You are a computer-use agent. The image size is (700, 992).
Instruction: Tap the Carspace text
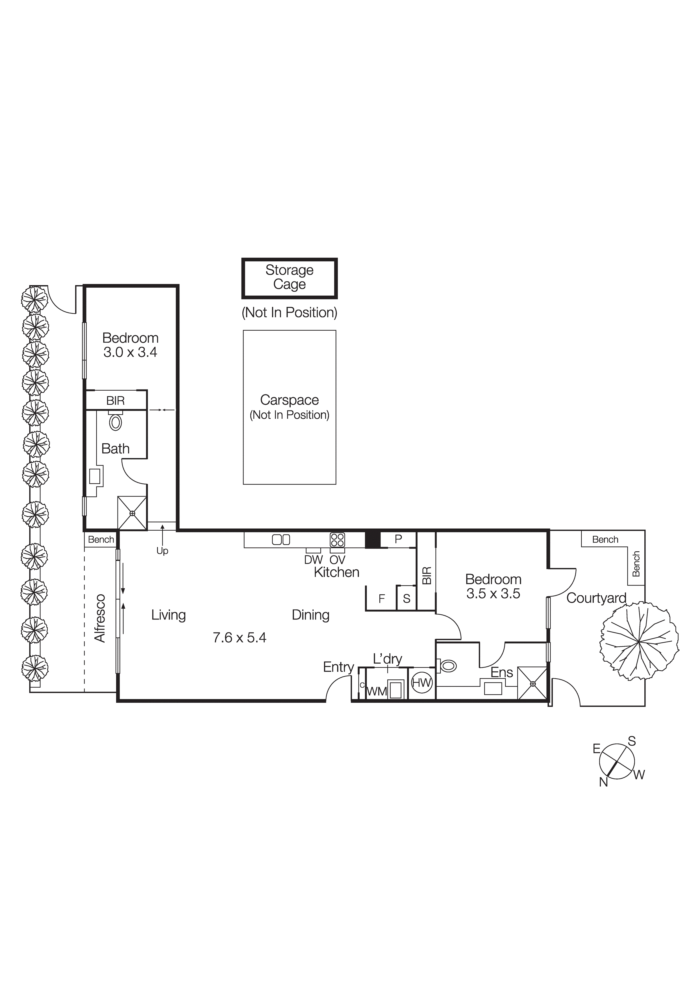click(289, 400)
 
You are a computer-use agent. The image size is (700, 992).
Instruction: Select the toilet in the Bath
click(115, 422)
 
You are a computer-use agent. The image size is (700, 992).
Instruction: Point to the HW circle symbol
click(422, 683)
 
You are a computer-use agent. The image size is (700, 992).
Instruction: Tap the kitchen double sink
click(281, 540)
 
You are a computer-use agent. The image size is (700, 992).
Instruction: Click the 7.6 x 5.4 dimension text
click(240, 638)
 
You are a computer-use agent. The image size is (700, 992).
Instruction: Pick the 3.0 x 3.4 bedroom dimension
click(130, 352)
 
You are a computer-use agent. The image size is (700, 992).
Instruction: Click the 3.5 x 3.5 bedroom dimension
click(493, 594)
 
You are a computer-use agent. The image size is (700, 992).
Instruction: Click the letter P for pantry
click(398, 539)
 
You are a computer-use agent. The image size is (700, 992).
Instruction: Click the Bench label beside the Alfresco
click(101, 539)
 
